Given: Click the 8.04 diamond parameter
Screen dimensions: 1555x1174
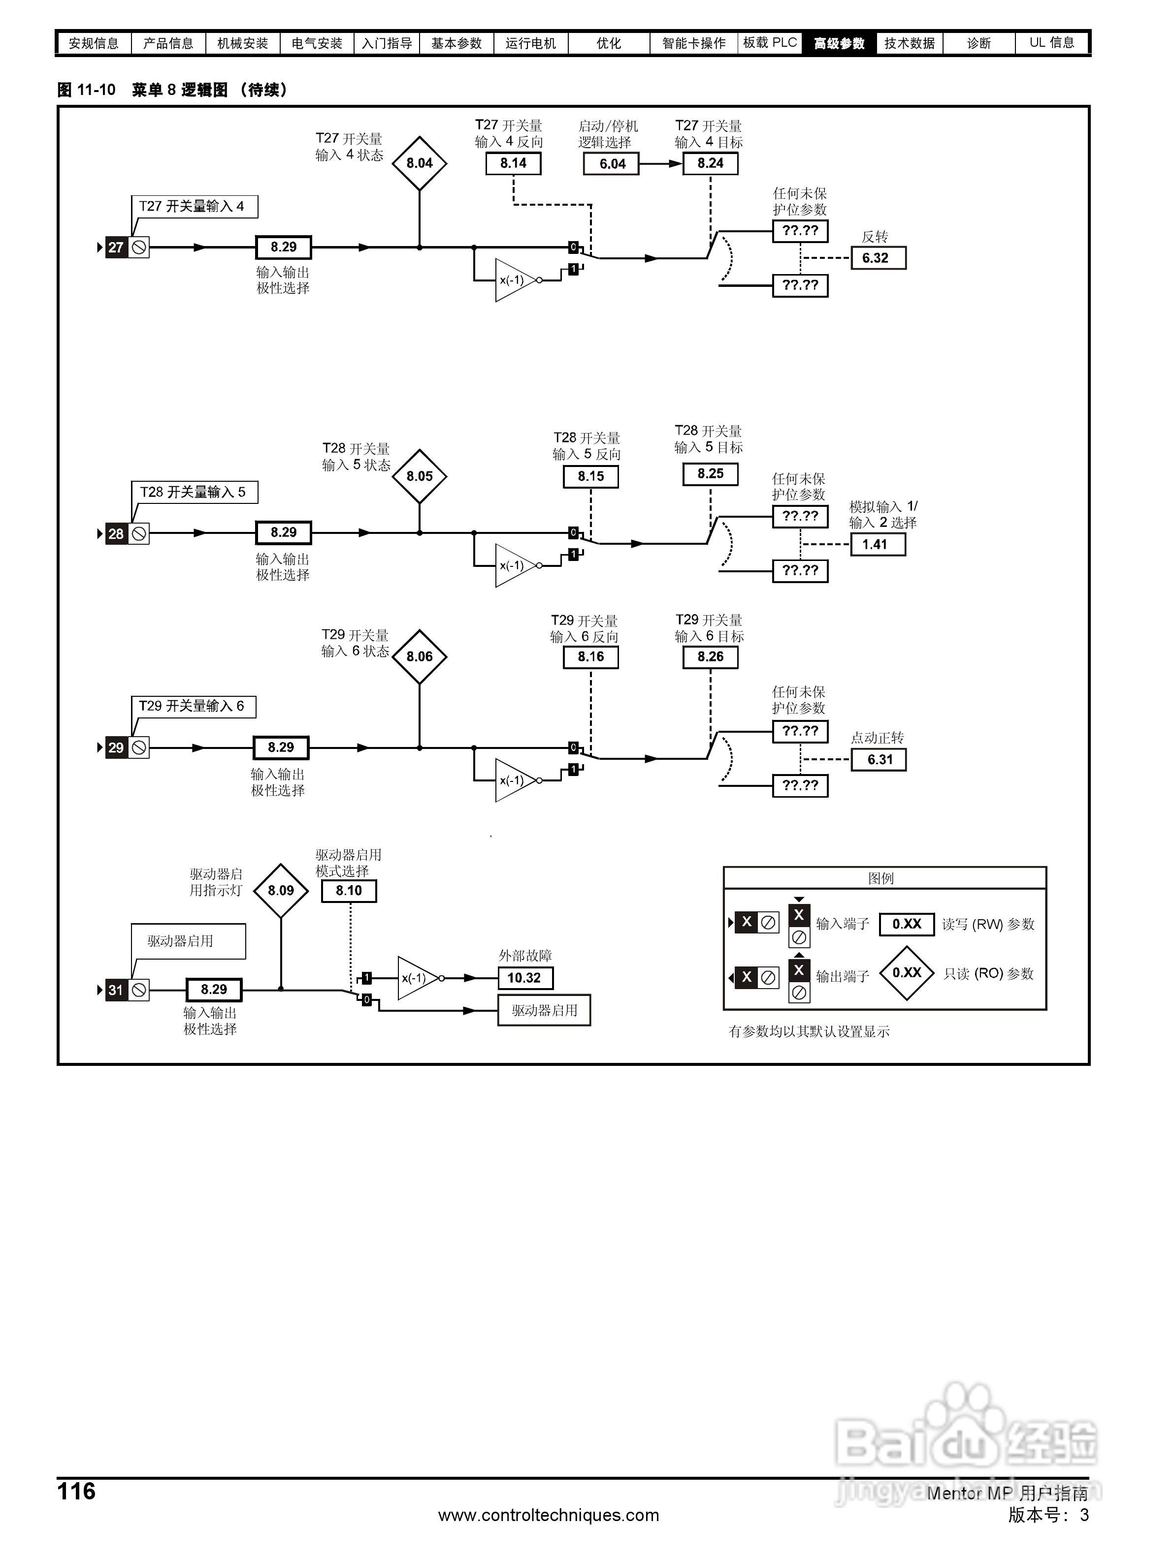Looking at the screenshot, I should pyautogui.click(x=419, y=163).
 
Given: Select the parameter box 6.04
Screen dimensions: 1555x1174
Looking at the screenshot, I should pyautogui.click(x=612, y=164).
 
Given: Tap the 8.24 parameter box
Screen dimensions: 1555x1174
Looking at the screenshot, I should pyautogui.click(x=710, y=163).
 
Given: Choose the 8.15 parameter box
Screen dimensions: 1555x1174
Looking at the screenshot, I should pyautogui.click(x=591, y=476).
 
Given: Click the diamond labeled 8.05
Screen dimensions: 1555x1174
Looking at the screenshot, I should pyautogui.click(x=419, y=476).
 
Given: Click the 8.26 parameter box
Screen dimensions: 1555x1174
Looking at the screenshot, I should pyautogui.click(x=710, y=656).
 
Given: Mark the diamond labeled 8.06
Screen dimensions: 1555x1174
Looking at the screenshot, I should pyautogui.click(x=419, y=656).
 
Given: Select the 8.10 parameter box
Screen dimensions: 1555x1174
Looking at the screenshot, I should pyautogui.click(x=348, y=891).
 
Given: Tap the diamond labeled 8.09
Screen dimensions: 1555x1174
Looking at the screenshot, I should pyautogui.click(x=281, y=891).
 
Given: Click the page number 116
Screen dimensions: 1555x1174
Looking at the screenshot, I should pyautogui.click(x=76, y=1491).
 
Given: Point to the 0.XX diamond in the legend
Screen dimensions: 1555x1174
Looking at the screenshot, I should pyautogui.click(x=906, y=973).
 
